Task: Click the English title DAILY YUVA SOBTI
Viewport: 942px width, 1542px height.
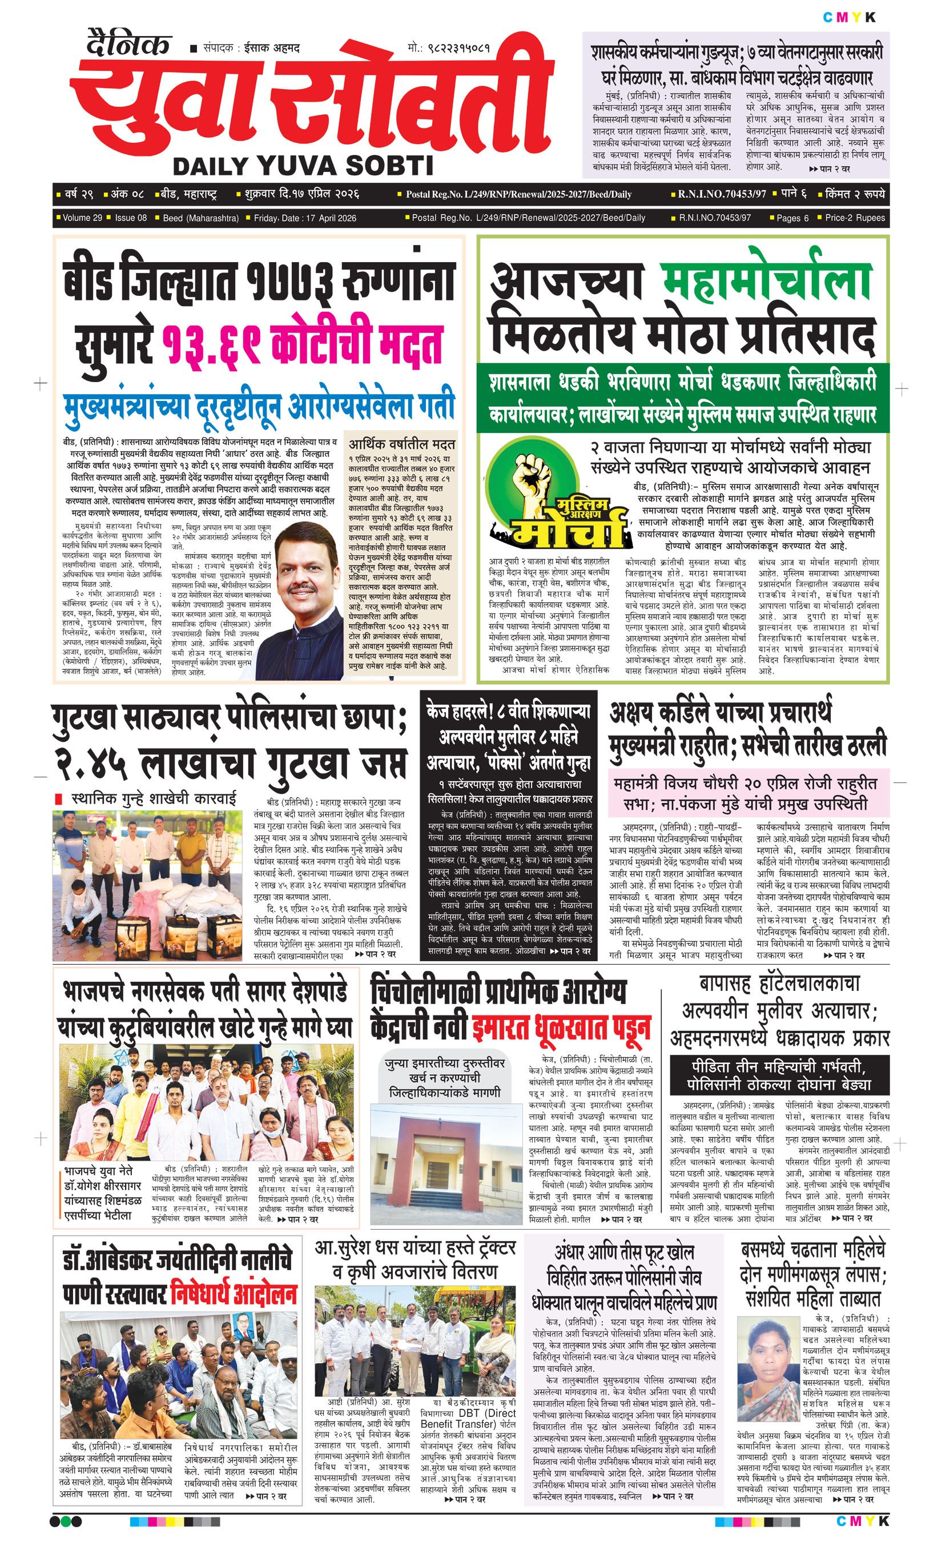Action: coord(303,166)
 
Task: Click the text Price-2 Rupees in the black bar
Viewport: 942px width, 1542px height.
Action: coord(855,218)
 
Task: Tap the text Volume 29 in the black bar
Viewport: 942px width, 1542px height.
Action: coord(82,218)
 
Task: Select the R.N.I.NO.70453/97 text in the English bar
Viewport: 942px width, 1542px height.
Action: coord(714,218)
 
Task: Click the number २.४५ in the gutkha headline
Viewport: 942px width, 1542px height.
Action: coord(91,764)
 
